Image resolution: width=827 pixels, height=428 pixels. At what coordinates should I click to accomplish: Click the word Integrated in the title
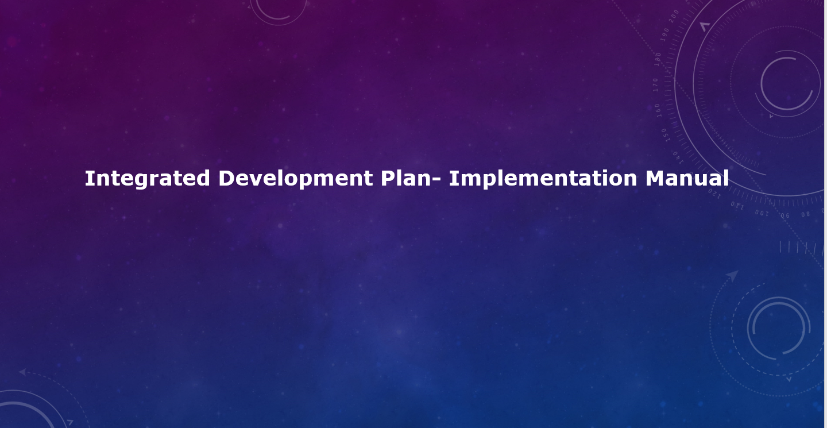click(x=147, y=179)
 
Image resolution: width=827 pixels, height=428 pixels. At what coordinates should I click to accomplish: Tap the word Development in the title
click(x=295, y=179)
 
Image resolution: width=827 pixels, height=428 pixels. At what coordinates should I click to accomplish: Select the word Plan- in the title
click(x=411, y=178)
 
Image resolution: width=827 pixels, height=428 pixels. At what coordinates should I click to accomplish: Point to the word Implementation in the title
click(x=543, y=179)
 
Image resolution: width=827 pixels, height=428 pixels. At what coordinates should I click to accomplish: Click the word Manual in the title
click(x=687, y=178)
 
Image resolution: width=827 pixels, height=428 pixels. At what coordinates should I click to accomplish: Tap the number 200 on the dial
click(x=674, y=16)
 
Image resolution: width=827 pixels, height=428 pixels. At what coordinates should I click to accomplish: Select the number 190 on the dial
click(x=664, y=34)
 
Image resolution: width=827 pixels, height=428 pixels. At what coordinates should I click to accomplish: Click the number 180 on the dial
click(x=658, y=59)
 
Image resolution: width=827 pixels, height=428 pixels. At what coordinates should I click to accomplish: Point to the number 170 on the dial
click(x=655, y=84)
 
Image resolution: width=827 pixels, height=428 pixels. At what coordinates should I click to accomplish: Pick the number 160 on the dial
click(x=658, y=110)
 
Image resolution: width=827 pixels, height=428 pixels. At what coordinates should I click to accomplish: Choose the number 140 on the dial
click(x=678, y=157)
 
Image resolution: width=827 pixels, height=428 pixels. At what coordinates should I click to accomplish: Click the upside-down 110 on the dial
click(x=737, y=206)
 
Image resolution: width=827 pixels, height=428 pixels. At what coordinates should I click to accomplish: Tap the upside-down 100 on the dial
click(x=762, y=213)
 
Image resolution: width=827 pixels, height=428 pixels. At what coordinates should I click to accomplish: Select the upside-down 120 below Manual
click(x=714, y=194)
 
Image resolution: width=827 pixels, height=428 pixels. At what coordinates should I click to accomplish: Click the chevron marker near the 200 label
click(x=705, y=26)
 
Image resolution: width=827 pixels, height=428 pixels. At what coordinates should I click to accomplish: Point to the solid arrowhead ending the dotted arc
click(x=732, y=276)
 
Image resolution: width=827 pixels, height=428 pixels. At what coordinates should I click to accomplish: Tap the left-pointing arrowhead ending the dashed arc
click(x=22, y=372)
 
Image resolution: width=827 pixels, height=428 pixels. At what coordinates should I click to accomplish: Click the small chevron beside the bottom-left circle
click(x=70, y=422)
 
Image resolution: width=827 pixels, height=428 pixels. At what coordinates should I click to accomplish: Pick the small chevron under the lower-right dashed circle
click(x=789, y=379)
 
